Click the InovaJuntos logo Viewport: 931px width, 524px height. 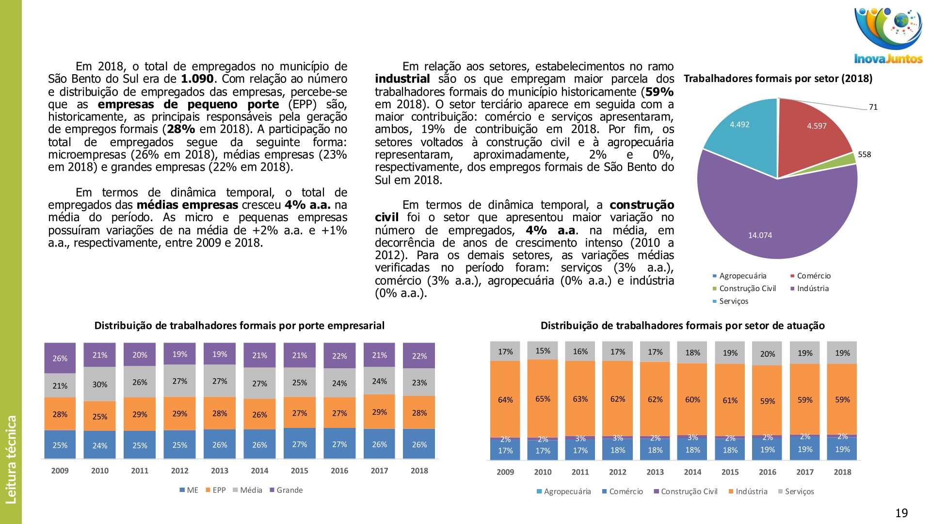click(x=888, y=36)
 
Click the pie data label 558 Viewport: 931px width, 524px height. click(x=864, y=155)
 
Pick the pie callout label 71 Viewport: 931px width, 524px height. click(x=873, y=107)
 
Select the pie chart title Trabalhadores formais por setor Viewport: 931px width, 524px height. click(x=778, y=79)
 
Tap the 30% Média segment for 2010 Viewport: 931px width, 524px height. click(x=100, y=384)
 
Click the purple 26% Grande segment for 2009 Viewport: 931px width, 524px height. click(x=60, y=358)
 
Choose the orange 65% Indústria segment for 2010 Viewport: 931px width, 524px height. click(x=543, y=398)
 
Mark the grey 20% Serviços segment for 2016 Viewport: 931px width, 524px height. click(x=767, y=354)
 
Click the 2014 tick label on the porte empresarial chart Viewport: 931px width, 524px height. click(x=259, y=471)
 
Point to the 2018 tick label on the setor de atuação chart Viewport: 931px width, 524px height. click(x=842, y=472)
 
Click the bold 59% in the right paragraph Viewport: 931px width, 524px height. click(x=659, y=92)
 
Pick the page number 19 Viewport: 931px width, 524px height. click(x=901, y=513)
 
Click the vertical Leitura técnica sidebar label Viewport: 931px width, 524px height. click(x=11, y=459)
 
